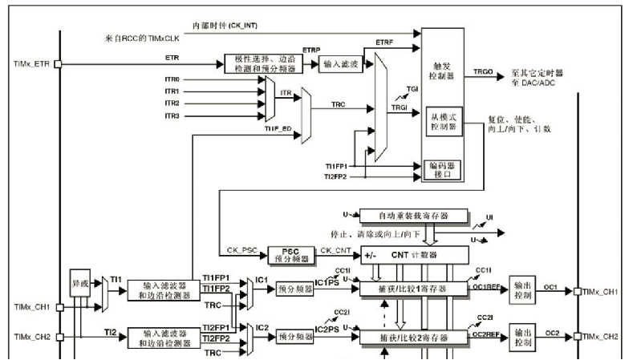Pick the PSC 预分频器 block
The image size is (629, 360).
click(x=288, y=256)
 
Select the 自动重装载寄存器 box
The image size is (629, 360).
click(x=414, y=215)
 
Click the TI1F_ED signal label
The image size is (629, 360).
click(x=277, y=128)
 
